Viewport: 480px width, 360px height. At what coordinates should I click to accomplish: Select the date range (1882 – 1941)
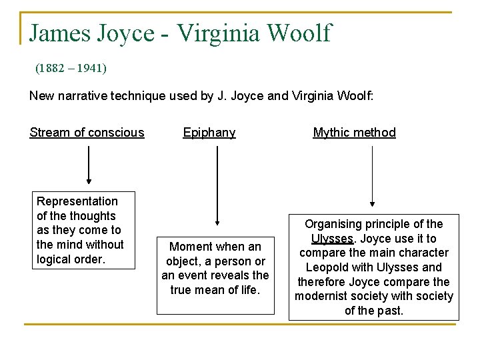(71, 68)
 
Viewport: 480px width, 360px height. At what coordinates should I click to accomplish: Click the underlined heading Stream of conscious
(87, 133)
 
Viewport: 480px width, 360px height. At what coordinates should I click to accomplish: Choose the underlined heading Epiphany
(209, 133)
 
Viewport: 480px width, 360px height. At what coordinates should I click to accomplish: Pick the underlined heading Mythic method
(354, 133)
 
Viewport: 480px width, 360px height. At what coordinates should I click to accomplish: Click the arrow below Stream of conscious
(88, 164)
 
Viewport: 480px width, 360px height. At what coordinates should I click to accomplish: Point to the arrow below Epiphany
(217, 187)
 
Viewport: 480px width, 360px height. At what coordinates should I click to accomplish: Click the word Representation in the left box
(77, 201)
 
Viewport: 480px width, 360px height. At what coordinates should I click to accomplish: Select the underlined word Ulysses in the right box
(332, 239)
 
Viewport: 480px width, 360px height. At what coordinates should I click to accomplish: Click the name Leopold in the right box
(319, 267)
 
